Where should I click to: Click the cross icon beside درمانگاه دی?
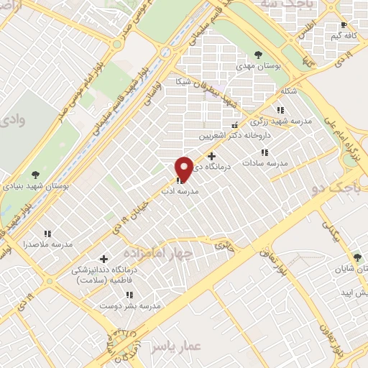[211, 156]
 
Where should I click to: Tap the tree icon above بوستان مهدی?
[258, 53]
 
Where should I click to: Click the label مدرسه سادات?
[264, 163]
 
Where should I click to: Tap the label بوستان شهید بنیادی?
[35, 185]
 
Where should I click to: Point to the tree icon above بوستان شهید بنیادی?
[35, 174]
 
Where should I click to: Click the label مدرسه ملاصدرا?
[47, 244]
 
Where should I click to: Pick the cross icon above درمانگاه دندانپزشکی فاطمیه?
[103, 258]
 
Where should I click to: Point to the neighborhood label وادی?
[12, 120]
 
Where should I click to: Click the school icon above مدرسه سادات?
[264, 152]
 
